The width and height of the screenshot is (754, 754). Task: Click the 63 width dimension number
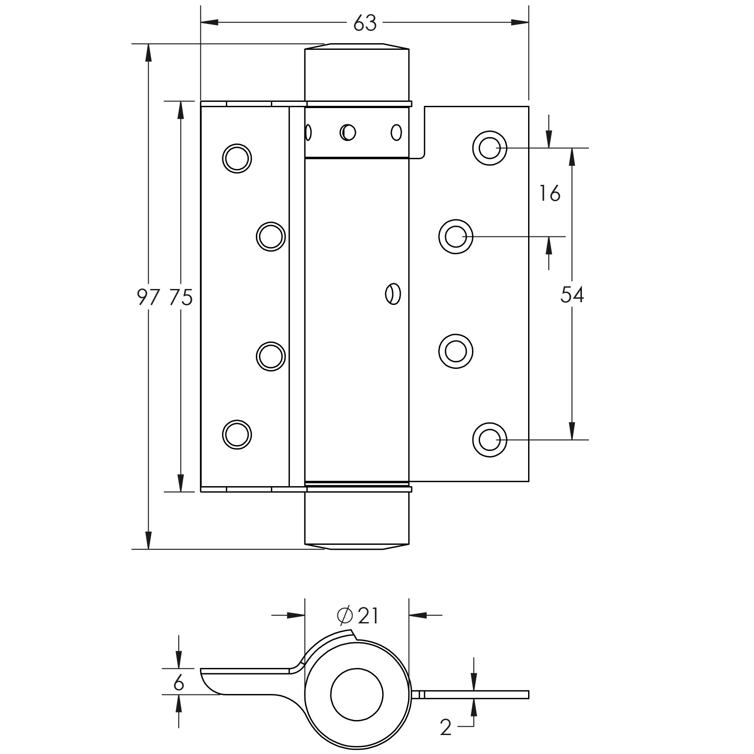click(x=365, y=23)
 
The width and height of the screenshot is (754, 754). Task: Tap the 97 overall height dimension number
click(x=147, y=297)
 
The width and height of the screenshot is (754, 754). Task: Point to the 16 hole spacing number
click(x=549, y=193)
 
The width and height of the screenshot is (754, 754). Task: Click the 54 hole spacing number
click(x=572, y=295)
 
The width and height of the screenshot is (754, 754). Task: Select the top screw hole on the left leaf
click(x=237, y=158)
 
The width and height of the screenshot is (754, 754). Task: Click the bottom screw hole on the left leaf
click(x=237, y=435)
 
